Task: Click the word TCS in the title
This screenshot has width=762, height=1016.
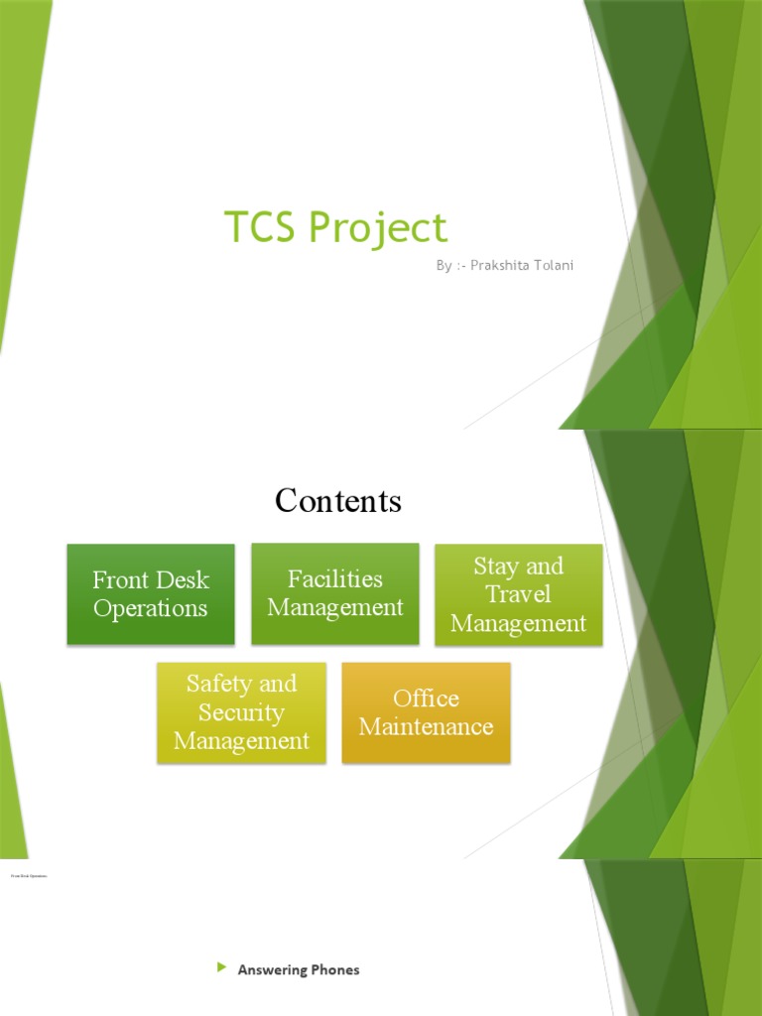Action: coord(260,227)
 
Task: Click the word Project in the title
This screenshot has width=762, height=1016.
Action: coord(377,229)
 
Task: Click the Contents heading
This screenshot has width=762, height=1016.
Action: coord(337,500)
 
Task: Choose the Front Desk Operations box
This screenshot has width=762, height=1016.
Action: coord(151,593)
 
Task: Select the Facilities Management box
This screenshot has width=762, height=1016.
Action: coord(335,592)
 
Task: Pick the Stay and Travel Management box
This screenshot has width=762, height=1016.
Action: coord(518,594)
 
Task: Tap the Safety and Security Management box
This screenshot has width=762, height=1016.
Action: coord(241,712)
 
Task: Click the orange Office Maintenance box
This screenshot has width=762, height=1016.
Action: coord(426,712)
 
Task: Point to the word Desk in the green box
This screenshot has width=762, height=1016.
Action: coord(185,579)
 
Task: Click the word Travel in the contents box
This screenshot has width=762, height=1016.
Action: coord(518,594)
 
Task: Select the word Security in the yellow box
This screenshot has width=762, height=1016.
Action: coord(241,712)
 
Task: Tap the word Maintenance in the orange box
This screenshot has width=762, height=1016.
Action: coord(426,726)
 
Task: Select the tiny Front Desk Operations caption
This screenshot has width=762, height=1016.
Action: coord(29,876)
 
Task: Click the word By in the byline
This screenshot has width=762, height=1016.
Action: coord(444,265)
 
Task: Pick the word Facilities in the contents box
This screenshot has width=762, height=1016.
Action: coord(335,578)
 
